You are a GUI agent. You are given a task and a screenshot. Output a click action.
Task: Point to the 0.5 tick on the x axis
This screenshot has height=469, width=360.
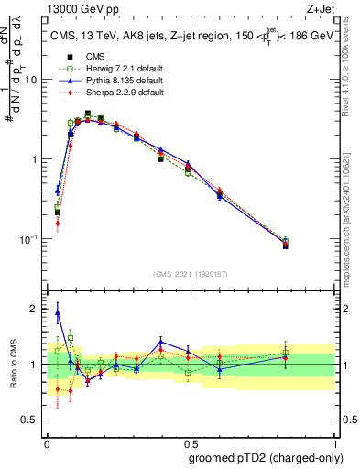190,437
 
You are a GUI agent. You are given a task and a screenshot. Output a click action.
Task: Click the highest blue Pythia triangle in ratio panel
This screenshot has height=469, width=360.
58,312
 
